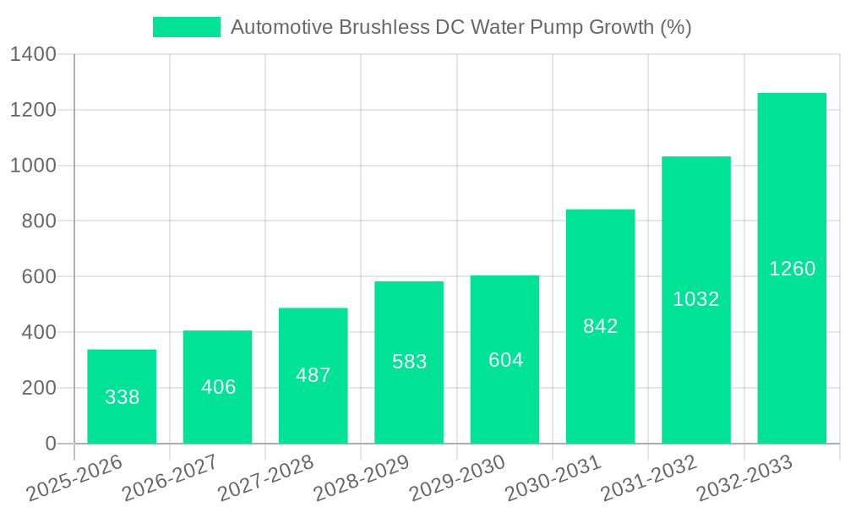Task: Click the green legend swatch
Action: (x=186, y=27)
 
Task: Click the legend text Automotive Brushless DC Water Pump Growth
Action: (x=461, y=27)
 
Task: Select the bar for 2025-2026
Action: (x=122, y=396)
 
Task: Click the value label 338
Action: (x=122, y=397)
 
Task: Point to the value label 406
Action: (x=218, y=387)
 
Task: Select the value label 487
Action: (x=313, y=375)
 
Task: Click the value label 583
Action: (x=409, y=362)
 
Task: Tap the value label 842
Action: (x=601, y=326)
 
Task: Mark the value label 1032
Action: (x=696, y=299)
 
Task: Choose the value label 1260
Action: (x=792, y=269)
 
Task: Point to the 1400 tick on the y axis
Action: (x=33, y=55)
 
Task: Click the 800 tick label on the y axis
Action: (x=38, y=221)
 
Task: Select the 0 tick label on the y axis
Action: (x=50, y=444)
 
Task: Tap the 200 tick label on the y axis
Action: (x=38, y=388)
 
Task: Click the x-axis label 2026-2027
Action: (x=169, y=478)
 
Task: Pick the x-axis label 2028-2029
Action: (x=361, y=478)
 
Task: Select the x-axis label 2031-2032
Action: (x=648, y=478)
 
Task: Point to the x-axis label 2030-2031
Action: (x=553, y=478)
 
